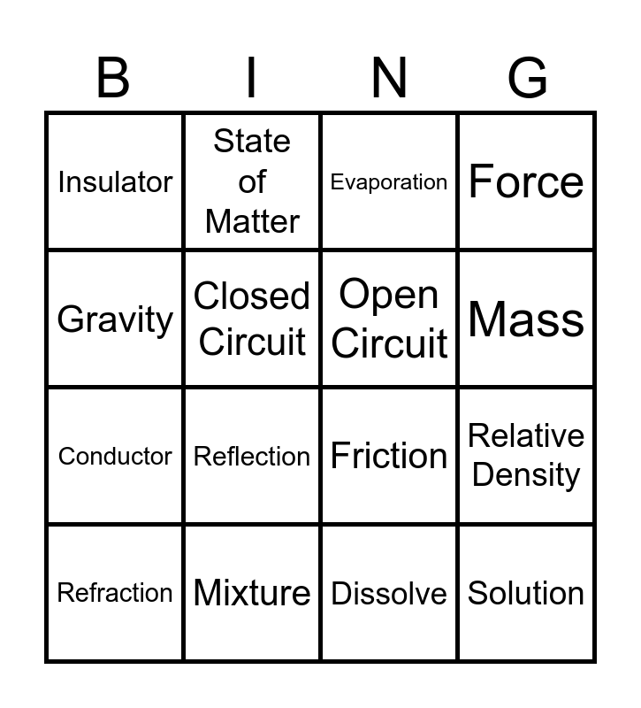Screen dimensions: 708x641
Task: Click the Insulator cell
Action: point(115,181)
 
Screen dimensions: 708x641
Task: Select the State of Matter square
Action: point(252,181)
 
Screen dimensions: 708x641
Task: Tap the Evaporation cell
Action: point(389,181)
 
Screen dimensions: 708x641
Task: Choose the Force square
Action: point(526,181)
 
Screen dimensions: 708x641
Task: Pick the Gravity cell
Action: point(115,319)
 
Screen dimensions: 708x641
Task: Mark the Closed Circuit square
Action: point(252,319)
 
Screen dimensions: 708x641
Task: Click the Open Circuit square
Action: point(389,319)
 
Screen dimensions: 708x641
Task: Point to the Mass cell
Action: point(526,319)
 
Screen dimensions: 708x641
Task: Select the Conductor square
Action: point(115,456)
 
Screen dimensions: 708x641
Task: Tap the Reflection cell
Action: point(252,456)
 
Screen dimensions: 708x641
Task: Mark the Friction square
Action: point(389,456)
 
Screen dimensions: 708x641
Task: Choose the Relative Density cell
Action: point(526,456)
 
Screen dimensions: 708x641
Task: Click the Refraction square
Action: point(115,593)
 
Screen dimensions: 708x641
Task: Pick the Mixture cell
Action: point(252,593)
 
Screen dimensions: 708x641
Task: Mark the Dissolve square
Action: point(389,593)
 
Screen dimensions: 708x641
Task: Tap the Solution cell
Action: point(526,593)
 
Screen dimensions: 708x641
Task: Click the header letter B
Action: point(113,78)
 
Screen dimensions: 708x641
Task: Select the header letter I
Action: point(251,78)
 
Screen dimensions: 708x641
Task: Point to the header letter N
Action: point(389,78)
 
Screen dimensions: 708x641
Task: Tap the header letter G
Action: point(528,78)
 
